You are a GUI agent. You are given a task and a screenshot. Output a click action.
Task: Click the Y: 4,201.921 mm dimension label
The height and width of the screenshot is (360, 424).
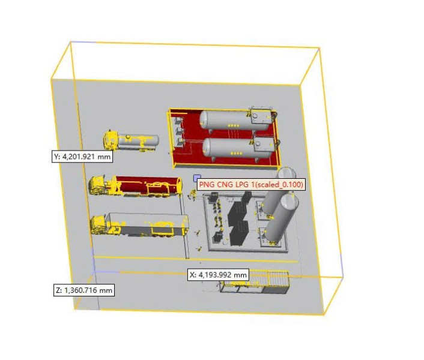click(82, 157)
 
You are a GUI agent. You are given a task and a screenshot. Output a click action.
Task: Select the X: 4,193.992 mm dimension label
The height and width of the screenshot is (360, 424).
click(218, 275)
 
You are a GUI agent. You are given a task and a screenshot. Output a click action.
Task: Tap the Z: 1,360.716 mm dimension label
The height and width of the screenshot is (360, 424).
click(84, 290)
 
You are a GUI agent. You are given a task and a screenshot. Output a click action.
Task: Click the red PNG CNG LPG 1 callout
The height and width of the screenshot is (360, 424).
click(251, 184)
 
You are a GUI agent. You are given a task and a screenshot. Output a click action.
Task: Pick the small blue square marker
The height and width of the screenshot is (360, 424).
click(197, 178)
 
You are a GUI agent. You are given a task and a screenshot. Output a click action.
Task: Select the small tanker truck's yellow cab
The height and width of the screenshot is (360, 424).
click(111, 140)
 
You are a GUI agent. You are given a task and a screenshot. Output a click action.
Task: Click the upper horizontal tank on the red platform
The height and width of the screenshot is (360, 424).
click(227, 120)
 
